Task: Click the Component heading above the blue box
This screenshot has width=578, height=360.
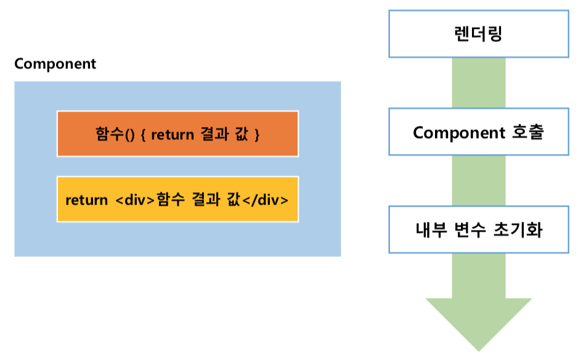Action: pos(55,64)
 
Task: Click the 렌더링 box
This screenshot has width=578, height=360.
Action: pos(478,33)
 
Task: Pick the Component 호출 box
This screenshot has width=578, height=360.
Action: pos(478,132)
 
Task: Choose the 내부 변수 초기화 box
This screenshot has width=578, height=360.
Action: pos(478,230)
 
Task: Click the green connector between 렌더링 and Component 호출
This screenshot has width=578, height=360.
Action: pos(478,83)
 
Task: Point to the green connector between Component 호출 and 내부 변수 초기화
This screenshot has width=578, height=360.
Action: pos(478,181)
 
